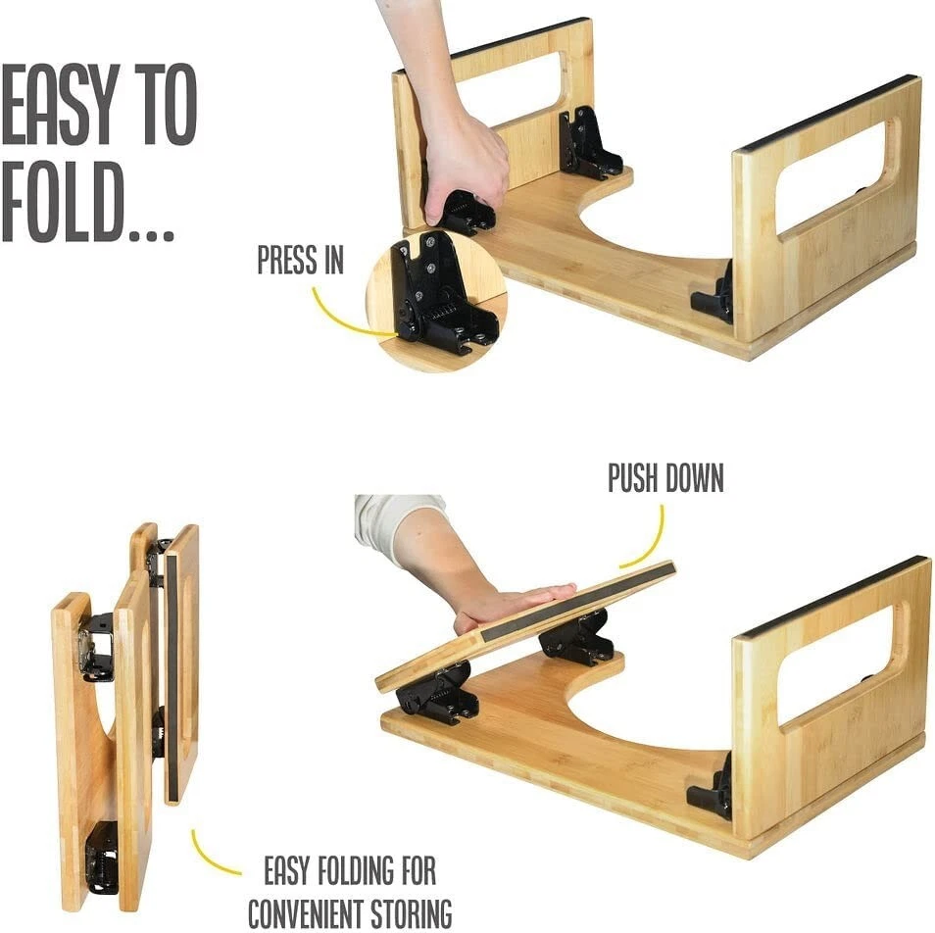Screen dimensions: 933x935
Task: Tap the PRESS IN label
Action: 300,261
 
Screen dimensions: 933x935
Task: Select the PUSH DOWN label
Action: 665,478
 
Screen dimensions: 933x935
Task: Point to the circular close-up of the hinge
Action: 435,300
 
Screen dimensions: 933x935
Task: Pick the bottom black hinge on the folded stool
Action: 101,858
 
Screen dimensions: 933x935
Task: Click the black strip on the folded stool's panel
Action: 172,676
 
